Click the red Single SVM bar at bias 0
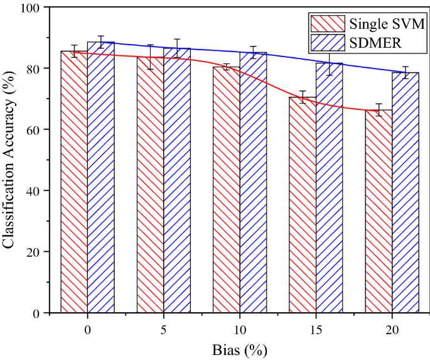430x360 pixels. pos(74,182)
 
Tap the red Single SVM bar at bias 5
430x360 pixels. pos(150,185)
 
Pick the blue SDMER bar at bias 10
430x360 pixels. pos(253,182)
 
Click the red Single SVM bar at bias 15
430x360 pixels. pos(303,205)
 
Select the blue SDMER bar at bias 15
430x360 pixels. pos(329,188)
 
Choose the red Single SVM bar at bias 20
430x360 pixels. pos(379,211)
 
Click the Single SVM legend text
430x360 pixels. pos(387,25)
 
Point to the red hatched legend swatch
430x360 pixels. pos(328,24)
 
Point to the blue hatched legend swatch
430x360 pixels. pos(328,43)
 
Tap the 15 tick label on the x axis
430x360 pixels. pos(315,329)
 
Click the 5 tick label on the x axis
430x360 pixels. pos(163,329)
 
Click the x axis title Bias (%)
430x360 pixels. pos(239,349)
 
